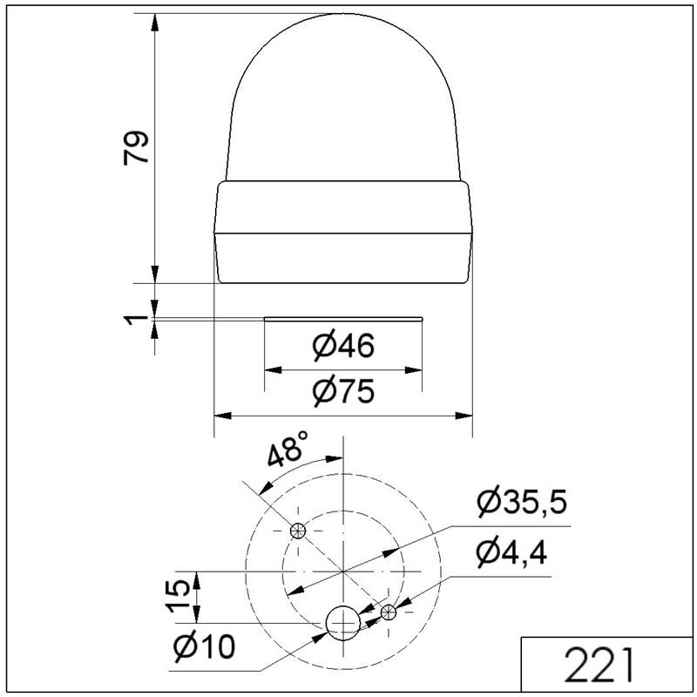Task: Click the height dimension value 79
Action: tap(136, 147)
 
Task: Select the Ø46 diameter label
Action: tap(343, 346)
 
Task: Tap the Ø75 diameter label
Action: tap(343, 391)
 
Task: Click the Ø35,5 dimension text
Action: tap(522, 503)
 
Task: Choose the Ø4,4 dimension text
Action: tap(511, 552)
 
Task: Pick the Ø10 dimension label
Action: tap(204, 646)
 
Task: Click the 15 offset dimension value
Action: tap(179, 597)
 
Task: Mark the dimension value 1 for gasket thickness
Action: tap(135, 318)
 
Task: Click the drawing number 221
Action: tap(599, 665)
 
